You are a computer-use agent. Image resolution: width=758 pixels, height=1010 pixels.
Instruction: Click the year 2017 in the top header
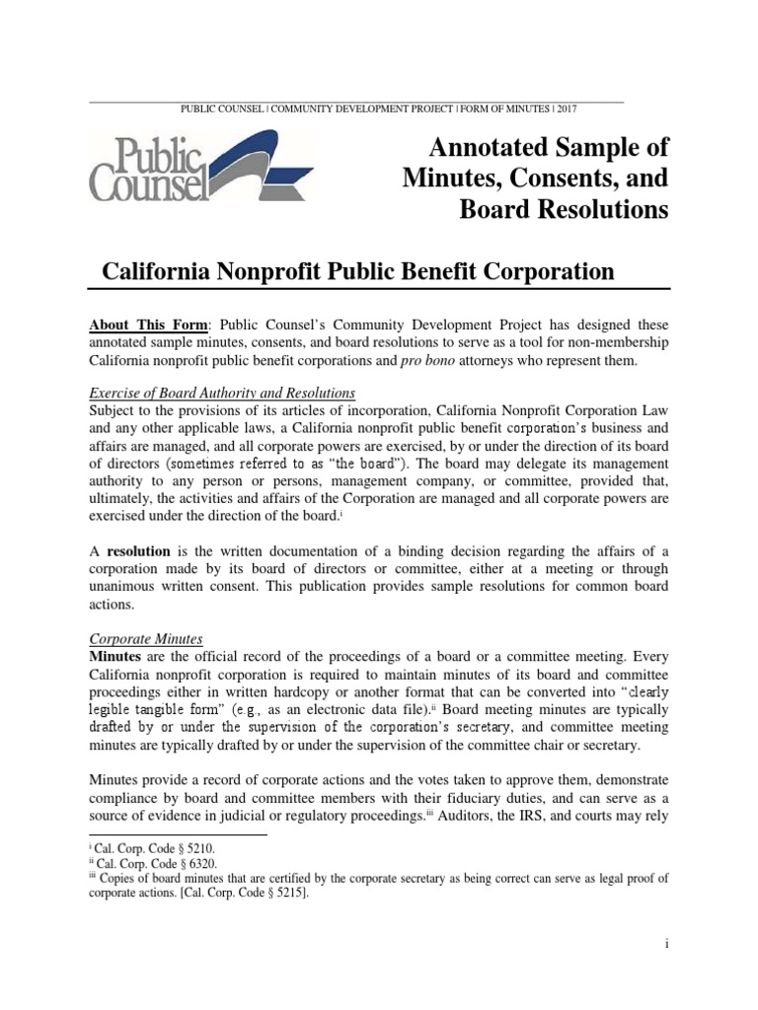coord(611,108)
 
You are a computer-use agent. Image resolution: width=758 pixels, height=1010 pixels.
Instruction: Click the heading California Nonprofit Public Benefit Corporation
coord(359,271)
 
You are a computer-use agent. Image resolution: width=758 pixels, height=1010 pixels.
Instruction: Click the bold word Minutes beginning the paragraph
coord(117,657)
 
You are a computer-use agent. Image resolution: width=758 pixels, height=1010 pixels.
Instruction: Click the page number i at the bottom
coord(667,943)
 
